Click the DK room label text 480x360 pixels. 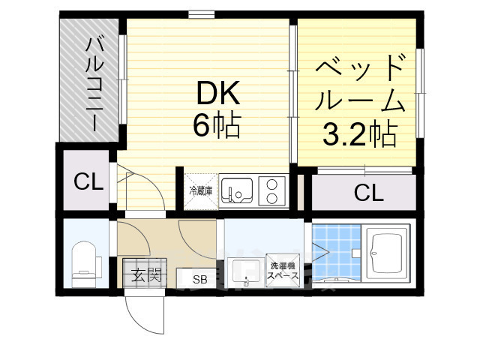pos(218,94)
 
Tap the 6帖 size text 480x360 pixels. pos(217,124)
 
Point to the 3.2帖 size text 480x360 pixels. pos(360,134)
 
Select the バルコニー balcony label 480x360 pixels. pos(94,84)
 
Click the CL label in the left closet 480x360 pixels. pos(88,181)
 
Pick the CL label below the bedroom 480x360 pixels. pos(368,193)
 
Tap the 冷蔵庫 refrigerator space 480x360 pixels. pos(201,191)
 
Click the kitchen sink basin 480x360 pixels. pos(237,190)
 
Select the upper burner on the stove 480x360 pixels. pos(271,184)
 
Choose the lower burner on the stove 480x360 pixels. pos(271,199)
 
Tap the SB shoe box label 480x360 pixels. pos(200,279)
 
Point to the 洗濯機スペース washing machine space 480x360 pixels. pos(283,271)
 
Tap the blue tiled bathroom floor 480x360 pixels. pos(337,252)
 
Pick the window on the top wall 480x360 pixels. pos(201,14)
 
